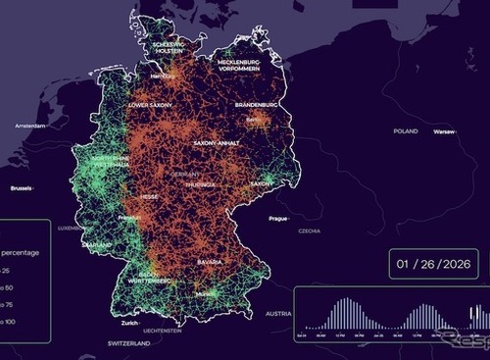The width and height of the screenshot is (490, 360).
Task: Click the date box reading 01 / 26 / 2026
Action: pyautogui.click(x=432, y=264)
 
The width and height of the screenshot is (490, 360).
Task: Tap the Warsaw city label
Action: pyautogui.click(x=445, y=130)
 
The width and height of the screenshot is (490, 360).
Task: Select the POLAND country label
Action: pyautogui.click(x=405, y=130)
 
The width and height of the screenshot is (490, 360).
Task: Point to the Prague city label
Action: pyautogui.click(x=277, y=218)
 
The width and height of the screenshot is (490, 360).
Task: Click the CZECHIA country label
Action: pyautogui.click(x=310, y=231)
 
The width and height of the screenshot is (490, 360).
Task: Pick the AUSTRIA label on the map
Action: pyautogui.click(x=278, y=314)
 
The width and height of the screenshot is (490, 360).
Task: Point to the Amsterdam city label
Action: pyautogui.click(x=30, y=127)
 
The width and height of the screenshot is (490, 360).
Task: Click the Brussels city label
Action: pyautogui.click(x=21, y=187)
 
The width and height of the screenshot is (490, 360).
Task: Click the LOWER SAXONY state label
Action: pyautogui.click(x=150, y=104)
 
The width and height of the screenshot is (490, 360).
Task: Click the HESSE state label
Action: pyautogui.click(x=149, y=196)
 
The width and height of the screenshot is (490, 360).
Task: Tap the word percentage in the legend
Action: pyautogui.click(x=19, y=252)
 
